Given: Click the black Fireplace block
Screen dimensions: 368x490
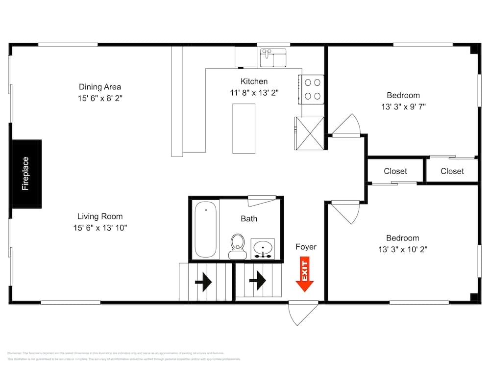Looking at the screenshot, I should point(26,173).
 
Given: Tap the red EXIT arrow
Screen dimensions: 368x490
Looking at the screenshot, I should point(304,276).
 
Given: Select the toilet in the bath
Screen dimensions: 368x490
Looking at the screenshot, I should point(238,245).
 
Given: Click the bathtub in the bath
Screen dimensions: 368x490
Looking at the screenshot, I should point(205,229).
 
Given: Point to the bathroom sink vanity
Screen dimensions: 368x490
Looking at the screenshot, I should point(263,248).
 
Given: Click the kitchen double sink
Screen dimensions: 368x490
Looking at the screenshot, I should point(273,57).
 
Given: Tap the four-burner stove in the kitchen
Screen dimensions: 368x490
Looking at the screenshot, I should point(312,89).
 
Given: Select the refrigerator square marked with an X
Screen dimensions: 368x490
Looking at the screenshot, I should point(309,133).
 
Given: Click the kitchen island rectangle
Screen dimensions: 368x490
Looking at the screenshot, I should point(244,129).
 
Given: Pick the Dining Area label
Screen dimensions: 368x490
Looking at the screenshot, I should point(100,87).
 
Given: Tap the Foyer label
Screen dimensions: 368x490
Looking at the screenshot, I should point(306,247).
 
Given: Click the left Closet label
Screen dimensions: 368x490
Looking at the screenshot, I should point(395,171).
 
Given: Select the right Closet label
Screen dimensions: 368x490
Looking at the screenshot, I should point(452,171).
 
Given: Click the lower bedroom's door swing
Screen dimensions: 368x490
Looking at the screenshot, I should point(346,211).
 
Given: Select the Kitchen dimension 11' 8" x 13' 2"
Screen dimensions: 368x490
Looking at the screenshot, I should point(254,93).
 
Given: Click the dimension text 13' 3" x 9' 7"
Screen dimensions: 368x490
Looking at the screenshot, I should point(403,106).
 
